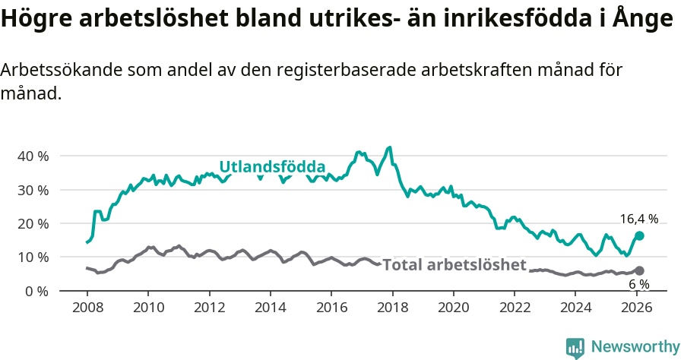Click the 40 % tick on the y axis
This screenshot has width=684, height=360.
pos(32,156)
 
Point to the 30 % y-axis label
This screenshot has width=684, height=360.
pos(32,190)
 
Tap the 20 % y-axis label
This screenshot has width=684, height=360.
pos(32,223)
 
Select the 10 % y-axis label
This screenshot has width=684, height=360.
pos(32,257)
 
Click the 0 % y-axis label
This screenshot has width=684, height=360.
pos(36,291)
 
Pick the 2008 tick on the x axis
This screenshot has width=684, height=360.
pos(87,308)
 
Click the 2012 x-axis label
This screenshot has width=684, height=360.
pos(209,308)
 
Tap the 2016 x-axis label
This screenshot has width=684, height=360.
pos(331,308)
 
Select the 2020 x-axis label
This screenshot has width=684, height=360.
pos(454,308)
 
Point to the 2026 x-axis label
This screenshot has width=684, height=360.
pos(637,308)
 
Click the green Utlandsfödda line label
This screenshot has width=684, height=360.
pos(272,167)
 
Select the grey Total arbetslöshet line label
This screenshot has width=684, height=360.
pos(454,265)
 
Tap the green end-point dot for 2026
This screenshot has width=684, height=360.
pos(639,236)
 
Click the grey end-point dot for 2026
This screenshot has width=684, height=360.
pos(639,270)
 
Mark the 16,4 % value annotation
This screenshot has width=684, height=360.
pos(638,219)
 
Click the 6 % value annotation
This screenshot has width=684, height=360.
pos(638,284)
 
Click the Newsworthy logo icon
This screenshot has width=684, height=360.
pos(575,347)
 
